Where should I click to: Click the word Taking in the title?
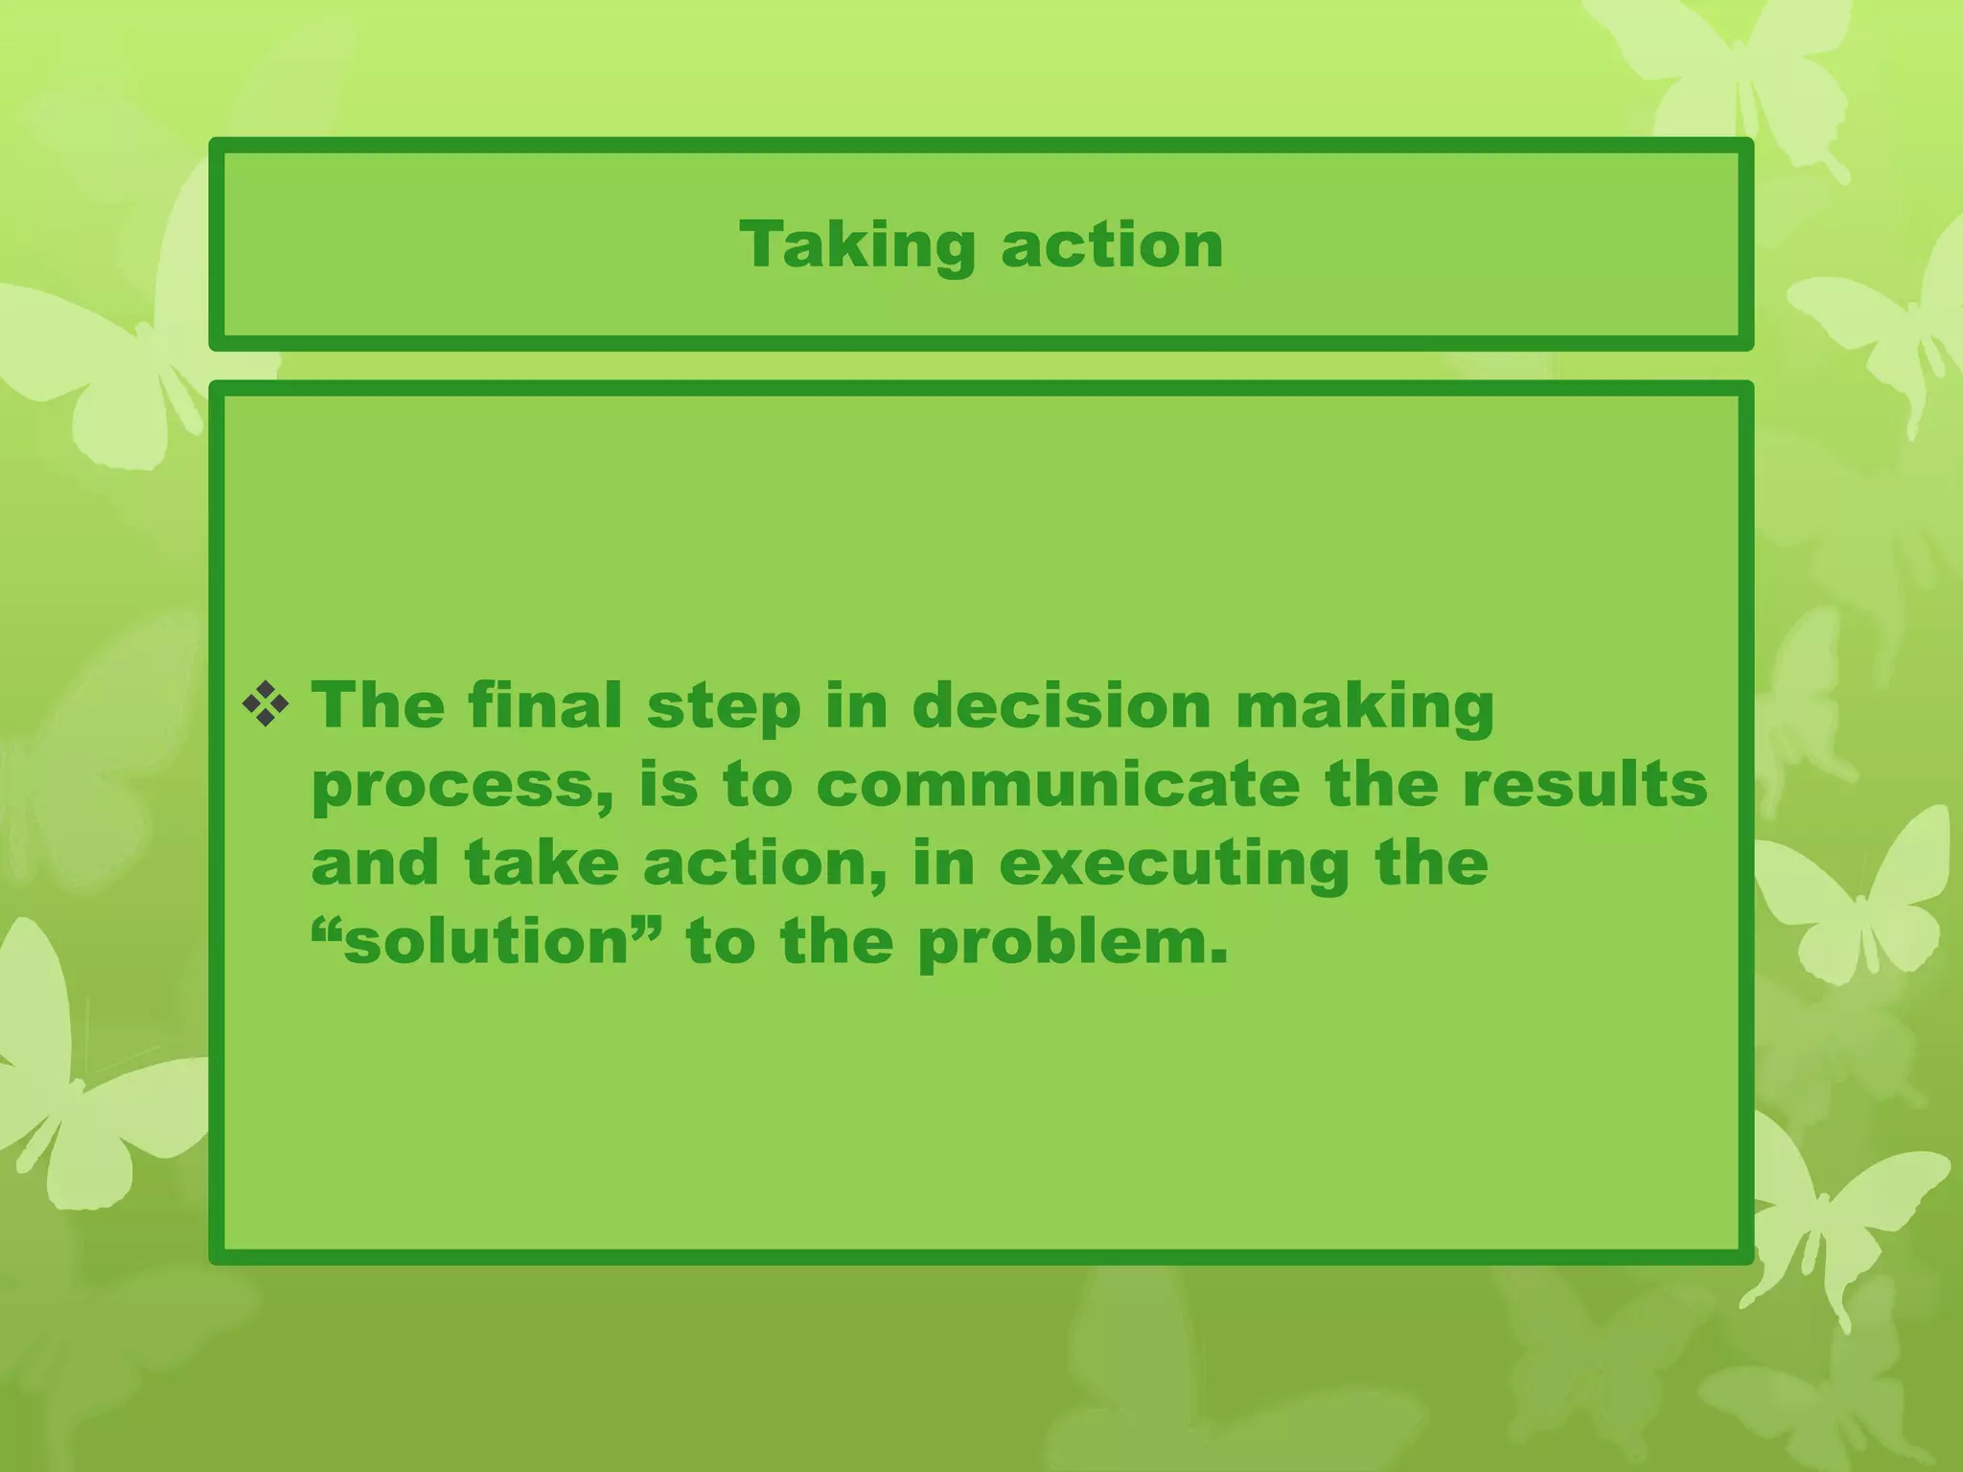pyautogui.click(x=857, y=245)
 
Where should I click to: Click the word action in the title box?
pyautogui.click(x=1112, y=245)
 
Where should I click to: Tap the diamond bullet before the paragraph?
pyautogui.click(x=266, y=706)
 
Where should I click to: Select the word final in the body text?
pyautogui.click(x=545, y=706)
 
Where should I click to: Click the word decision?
pyautogui.click(x=1061, y=706)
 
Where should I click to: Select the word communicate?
pyautogui.click(x=1058, y=785)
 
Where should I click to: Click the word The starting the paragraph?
pyautogui.click(x=378, y=706)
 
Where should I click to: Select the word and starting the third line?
pyautogui.click(x=375, y=863)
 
